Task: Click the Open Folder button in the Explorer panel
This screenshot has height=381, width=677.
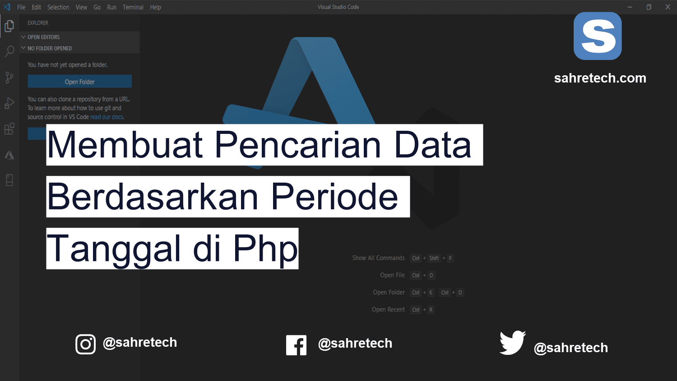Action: (x=79, y=82)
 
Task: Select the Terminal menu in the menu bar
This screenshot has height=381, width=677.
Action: (x=133, y=7)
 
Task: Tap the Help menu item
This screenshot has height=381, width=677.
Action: (x=155, y=7)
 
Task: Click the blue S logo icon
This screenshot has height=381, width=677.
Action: (x=598, y=36)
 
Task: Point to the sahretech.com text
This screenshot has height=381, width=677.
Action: (x=600, y=78)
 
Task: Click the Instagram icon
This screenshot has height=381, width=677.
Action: (x=85, y=344)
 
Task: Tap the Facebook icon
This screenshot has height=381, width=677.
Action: (x=296, y=345)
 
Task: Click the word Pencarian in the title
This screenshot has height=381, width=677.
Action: (x=298, y=145)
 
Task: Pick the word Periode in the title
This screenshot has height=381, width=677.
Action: (x=334, y=197)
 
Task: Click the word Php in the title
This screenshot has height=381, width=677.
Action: (x=265, y=249)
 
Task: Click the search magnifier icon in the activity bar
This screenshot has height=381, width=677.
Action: (x=9, y=51)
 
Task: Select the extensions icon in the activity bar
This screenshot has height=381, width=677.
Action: (x=9, y=129)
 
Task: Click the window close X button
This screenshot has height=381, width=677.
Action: (x=668, y=7)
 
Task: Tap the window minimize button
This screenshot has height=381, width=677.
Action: (x=630, y=7)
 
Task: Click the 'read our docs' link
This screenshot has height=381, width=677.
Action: (x=107, y=117)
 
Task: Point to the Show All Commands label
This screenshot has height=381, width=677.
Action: (x=378, y=258)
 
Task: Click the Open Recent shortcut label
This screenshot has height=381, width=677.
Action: (x=388, y=309)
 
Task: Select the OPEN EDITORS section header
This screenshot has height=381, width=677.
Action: (x=43, y=37)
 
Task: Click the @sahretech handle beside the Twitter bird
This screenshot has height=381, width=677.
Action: (x=570, y=348)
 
